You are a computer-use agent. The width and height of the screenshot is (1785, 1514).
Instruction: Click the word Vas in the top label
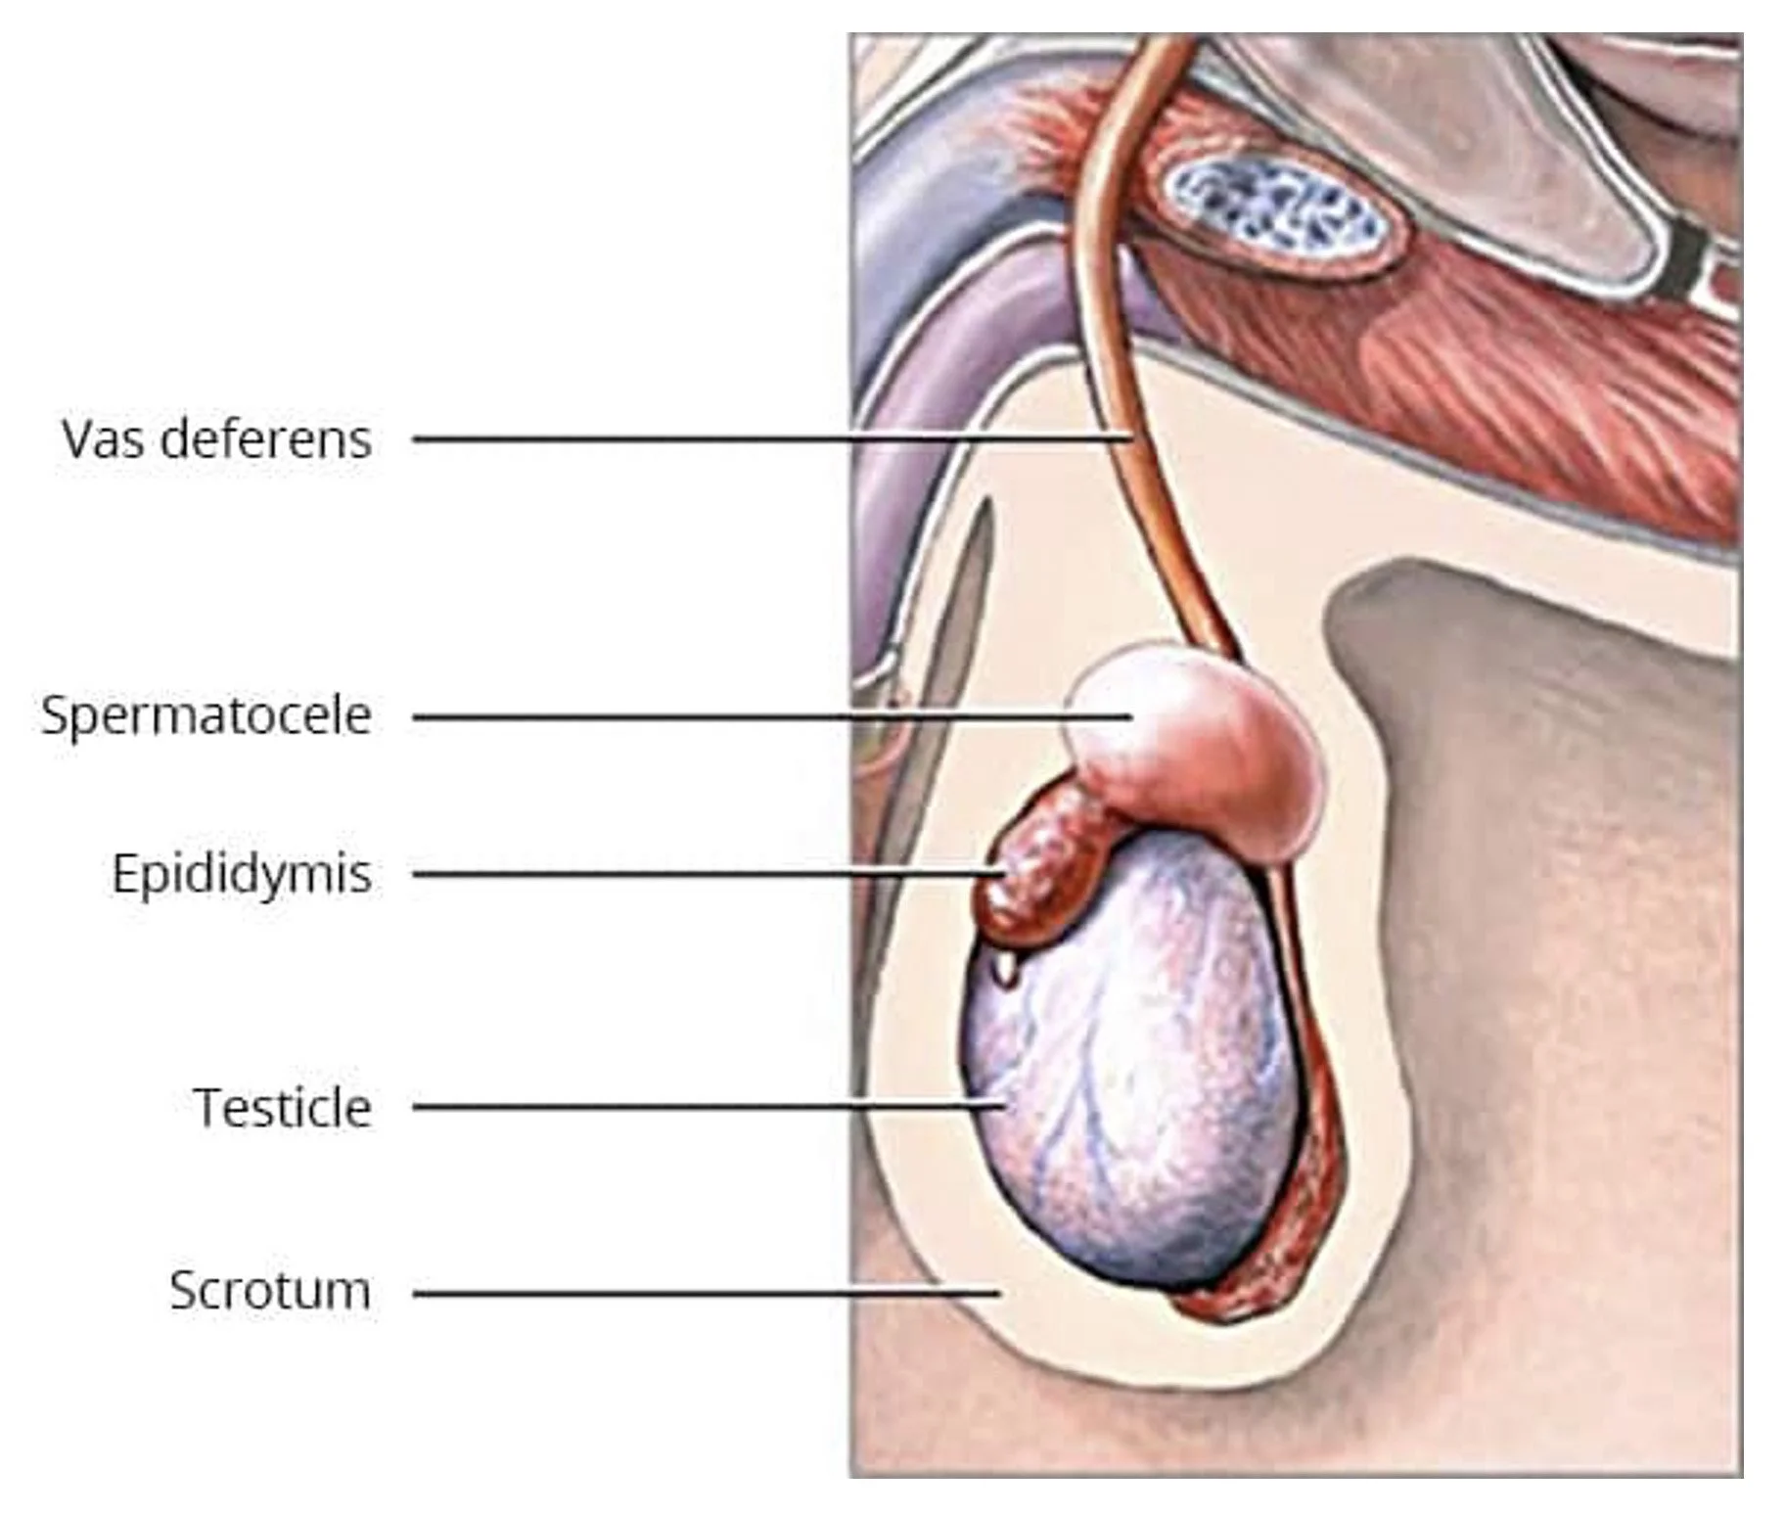pos(103,438)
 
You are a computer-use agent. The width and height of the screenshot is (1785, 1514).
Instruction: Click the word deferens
pos(265,438)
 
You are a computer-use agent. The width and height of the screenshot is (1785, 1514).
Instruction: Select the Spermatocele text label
pos(206,715)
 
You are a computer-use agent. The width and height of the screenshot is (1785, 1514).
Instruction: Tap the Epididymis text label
pos(242,873)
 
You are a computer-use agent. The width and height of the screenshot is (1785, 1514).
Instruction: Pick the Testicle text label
pos(284,1108)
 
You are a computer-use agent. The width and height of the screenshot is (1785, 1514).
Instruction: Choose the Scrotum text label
pos(270,1290)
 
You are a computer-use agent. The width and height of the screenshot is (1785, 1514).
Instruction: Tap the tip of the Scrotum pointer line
pos(998,1293)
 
